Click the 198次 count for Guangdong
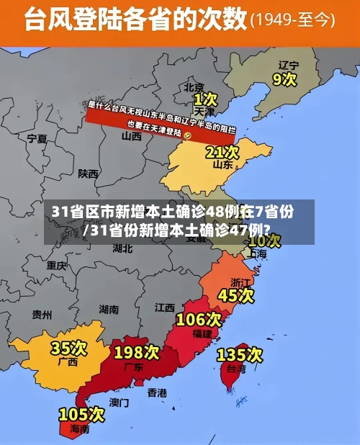coord(136,352)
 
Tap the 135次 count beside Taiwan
coord(240,354)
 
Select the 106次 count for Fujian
coord(199,318)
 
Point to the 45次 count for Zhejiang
coord(236,295)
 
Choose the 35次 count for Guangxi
coord(69,349)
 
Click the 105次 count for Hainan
coord(81,415)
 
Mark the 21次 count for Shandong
coord(222,152)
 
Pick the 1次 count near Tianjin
coord(205,97)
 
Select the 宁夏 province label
coord(36,138)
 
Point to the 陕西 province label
coord(89,174)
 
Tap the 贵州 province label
coord(42,314)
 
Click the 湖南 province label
coord(109,309)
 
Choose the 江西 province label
coord(164,307)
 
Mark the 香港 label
coord(157,392)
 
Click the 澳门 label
coord(120,402)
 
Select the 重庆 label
coord(56,265)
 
